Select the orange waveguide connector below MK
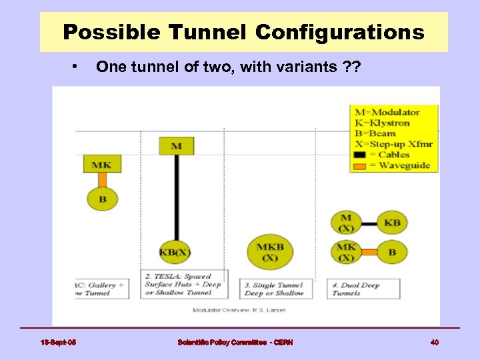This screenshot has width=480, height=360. pos(102,179)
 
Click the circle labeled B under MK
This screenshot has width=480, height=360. pos(102,199)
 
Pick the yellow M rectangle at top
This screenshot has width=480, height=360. pos(176,146)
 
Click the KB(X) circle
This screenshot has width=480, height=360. pos(175,253)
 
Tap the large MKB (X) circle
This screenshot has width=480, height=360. pos(269,252)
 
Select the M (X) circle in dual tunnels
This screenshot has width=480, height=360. pos(346,222)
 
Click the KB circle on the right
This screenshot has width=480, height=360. pos(392,222)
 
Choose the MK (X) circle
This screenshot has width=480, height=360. pos(346,253)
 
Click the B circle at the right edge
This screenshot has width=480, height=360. pos(392,253)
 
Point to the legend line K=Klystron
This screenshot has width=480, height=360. pos(382,123)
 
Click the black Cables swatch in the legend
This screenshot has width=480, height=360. pos(364,155)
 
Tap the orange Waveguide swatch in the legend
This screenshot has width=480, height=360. pos(364,165)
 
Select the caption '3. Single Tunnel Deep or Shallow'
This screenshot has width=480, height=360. pos(273,289)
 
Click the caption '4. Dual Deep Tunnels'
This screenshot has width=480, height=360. pos(363,289)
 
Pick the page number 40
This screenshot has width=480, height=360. pos(434,342)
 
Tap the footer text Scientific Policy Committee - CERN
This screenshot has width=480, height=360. pos(235,342)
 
